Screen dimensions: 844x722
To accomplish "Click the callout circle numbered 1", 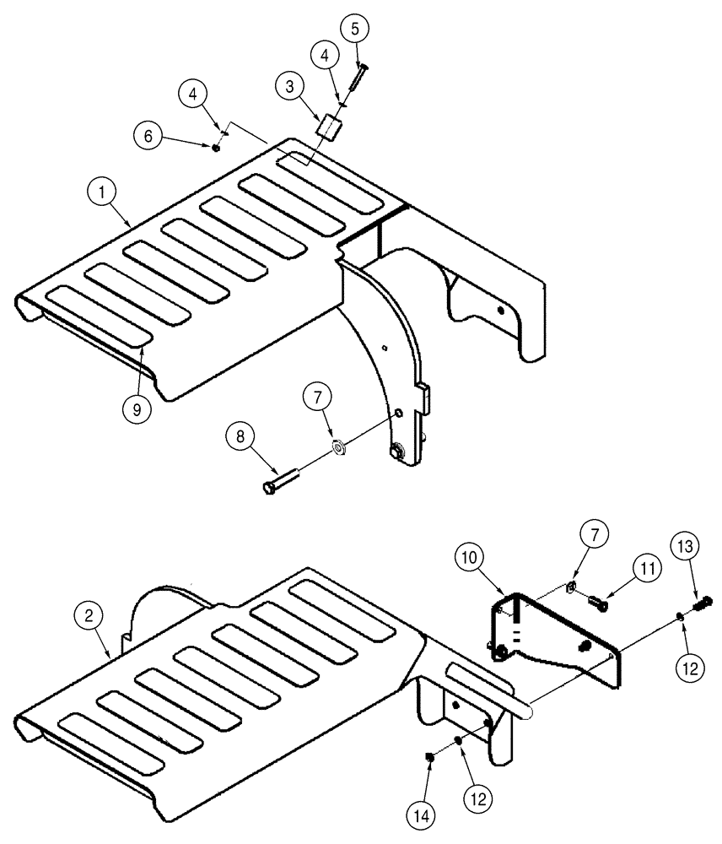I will click(103, 192).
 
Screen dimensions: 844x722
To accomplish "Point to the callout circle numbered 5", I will click(354, 29).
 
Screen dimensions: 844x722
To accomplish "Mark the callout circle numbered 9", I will click(136, 408).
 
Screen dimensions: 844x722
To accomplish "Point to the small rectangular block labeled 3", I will click(330, 130).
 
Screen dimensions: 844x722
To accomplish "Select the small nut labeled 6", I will click(217, 148).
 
